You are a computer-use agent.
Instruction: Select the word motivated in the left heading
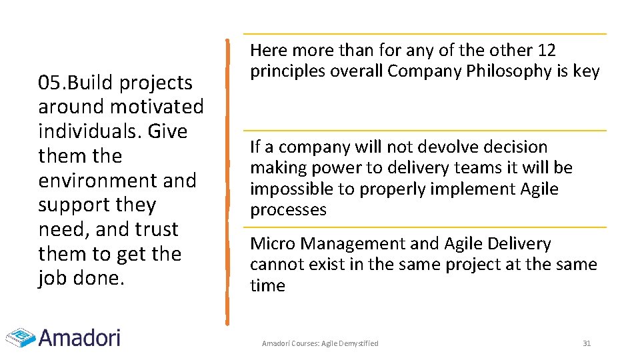click(x=157, y=107)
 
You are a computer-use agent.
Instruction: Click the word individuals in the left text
click(x=84, y=131)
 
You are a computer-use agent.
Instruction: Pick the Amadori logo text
click(x=79, y=337)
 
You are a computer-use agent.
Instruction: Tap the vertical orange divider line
click(x=227, y=180)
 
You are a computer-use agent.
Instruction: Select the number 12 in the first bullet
click(x=546, y=50)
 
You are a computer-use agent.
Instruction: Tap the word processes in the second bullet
click(x=288, y=210)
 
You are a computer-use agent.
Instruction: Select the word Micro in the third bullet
click(x=270, y=244)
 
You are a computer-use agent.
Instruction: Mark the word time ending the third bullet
click(x=267, y=286)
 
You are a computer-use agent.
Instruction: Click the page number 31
click(x=587, y=343)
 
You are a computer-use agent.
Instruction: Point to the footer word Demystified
click(x=359, y=343)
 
